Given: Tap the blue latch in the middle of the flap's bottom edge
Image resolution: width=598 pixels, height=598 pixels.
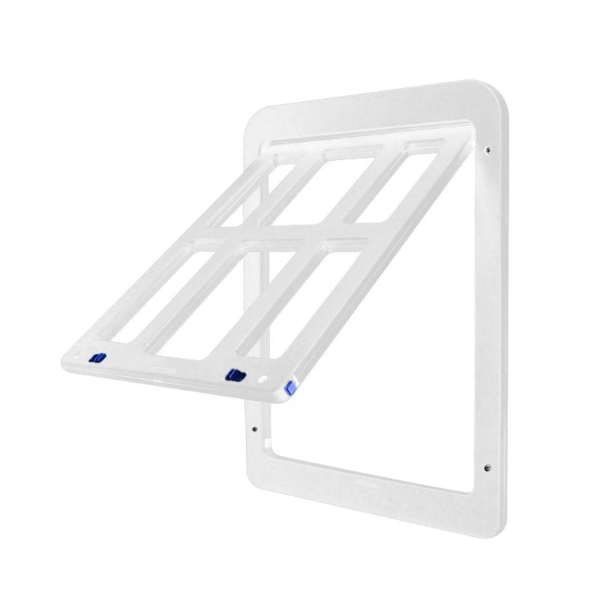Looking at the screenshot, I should tap(236, 373).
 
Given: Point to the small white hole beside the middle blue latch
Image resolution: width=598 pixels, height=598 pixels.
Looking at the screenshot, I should tap(262, 380).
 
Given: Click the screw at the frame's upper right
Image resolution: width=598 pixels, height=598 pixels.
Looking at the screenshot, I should tap(489, 149).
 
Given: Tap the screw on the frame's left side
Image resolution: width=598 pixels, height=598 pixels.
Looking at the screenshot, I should tap(255, 429).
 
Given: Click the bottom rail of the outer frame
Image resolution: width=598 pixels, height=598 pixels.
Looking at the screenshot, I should tap(374, 497).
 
